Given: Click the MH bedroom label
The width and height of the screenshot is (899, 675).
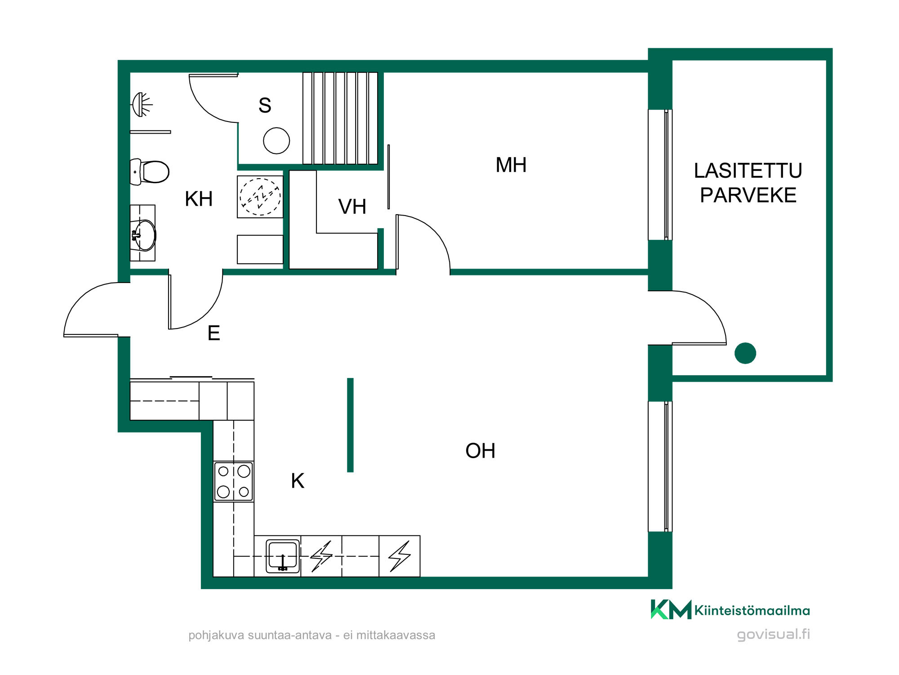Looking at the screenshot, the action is click(511, 165).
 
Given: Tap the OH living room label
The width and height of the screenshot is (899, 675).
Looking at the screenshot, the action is click(480, 450).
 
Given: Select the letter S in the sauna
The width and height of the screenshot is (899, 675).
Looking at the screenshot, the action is click(265, 105).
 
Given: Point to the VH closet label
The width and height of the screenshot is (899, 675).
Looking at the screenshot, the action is click(352, 207).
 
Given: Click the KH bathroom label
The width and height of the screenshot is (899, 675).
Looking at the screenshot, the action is click(199, 199).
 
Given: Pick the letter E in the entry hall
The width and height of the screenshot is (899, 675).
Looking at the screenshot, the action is click(214, 333).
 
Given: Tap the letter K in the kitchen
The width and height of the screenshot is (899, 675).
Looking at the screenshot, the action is click(298, 481).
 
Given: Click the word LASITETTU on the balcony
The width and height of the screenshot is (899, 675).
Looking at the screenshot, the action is click(748, 171).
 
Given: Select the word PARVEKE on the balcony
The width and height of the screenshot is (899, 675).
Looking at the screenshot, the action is click(748, 195).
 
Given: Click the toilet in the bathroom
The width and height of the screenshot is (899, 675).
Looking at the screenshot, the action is click(150, 171).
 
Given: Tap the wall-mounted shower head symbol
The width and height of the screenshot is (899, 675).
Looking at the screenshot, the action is click(142, 105).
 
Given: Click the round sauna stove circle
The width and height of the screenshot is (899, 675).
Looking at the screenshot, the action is click(276, 141).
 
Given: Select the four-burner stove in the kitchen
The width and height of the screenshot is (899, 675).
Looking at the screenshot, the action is click(233, 481).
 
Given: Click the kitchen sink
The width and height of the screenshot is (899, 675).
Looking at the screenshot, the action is click(283, 556).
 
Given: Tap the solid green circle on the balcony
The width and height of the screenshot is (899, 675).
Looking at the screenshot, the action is click(745, 353).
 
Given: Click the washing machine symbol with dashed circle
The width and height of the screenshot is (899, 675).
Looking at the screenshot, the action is click(260, 197).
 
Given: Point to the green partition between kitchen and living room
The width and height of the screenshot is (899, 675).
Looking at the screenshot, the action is click(351, 425).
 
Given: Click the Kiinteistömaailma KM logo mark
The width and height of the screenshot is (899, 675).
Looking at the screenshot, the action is click(671, 609).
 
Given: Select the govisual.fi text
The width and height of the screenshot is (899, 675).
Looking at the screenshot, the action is click(773, 634).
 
